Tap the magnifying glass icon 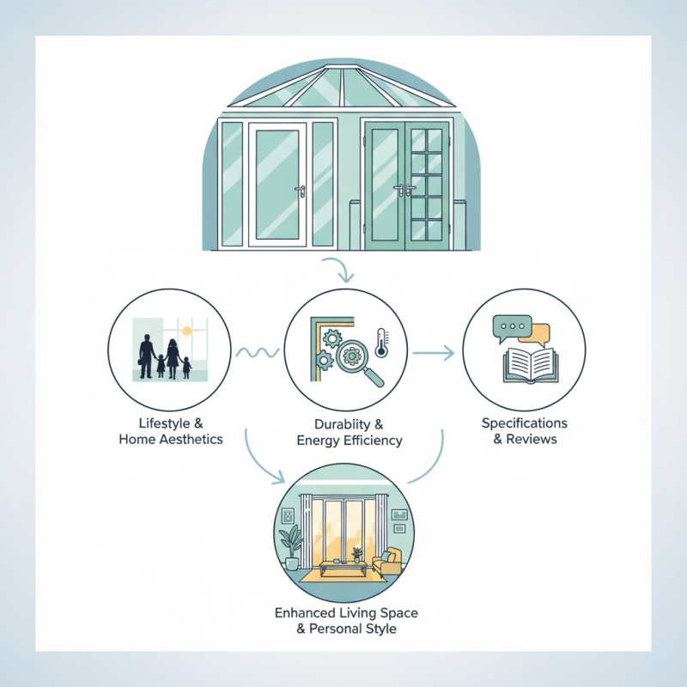coord(354,358)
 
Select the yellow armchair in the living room coord(388,562)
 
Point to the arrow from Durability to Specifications coord(434,352)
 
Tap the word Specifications coord(524,423)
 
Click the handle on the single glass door coord(299,191)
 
